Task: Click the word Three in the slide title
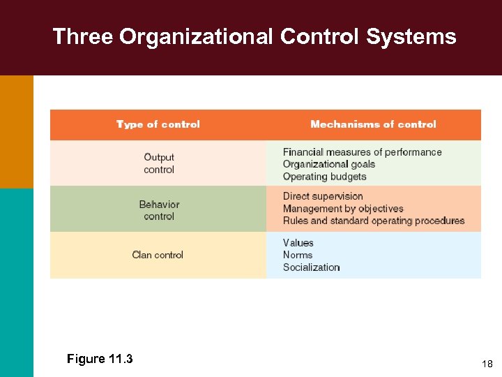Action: pos(82,36)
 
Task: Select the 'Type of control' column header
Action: pos(158,124)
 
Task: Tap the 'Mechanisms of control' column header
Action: pos(373,124)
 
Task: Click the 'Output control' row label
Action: pos(159,163)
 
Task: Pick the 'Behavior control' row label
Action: pos(159,210)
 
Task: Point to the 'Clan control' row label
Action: pos(158,255)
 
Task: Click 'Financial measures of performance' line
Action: pos(362,152)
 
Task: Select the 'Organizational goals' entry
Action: pos(328,164)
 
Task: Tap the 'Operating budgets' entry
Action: pos(324,177)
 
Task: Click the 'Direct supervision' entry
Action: pos(323,196)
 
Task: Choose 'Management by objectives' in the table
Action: pos(343,209)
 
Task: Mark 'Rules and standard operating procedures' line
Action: pos(373,221)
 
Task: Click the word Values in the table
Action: pos(298,243)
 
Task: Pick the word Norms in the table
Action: pos(297,255)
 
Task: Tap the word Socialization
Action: pos(311,267)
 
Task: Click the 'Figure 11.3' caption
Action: pos(100,359)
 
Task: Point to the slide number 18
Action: pos(487,364)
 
